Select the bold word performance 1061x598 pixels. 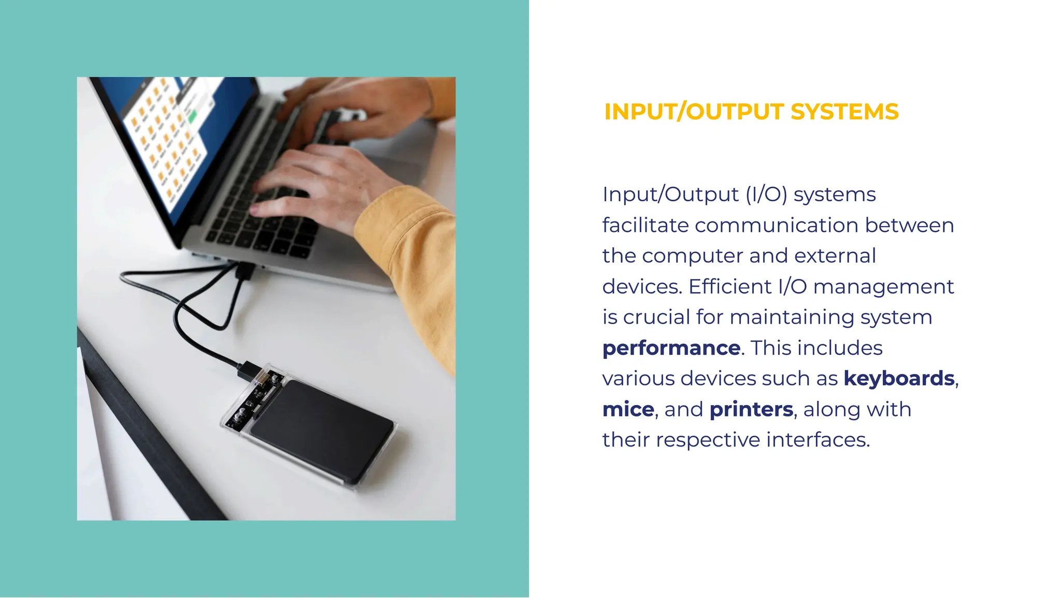(x=671, y=348)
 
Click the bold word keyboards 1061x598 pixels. (x=899, y=379)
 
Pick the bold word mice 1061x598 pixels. (x=628, y=410)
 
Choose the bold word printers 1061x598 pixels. (x=751, y=410)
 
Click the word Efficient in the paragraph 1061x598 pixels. (x=730, y=287)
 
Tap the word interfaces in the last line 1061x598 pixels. (x=818, y=440)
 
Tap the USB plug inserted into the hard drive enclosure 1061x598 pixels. (x=251, y=370)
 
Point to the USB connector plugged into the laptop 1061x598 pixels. (x=245, y=270)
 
